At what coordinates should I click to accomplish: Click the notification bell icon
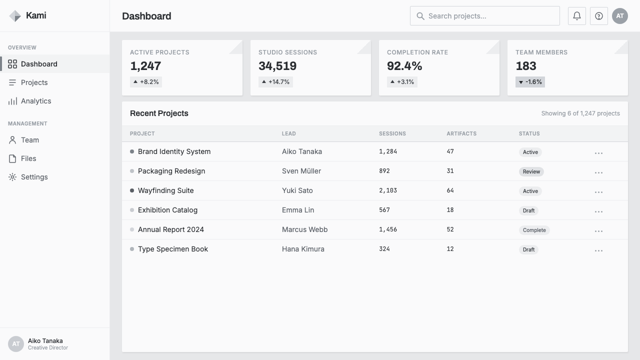click(577, 16)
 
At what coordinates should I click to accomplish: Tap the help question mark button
click(599, 16)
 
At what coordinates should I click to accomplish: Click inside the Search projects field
click(485, 16)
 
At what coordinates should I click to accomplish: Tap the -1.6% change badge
click(530, 82)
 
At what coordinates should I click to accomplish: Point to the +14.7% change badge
click(275, 82)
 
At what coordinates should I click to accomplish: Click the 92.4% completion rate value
click(404, 66)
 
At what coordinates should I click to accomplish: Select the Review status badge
click(531, 171)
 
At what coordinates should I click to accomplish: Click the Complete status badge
click(534, 230)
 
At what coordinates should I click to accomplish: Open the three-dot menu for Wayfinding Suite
click(598, 192)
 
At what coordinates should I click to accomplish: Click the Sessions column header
click(392, 133)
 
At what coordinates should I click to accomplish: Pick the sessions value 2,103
click(387, 190)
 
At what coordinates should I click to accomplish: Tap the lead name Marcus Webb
click(304, 229)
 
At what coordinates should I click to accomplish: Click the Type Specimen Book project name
click(173, 249)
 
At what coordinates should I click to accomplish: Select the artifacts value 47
click(450, 151)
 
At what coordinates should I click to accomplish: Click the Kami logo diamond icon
click(15, 16)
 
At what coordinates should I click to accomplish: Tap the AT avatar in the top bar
click(619, 16)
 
